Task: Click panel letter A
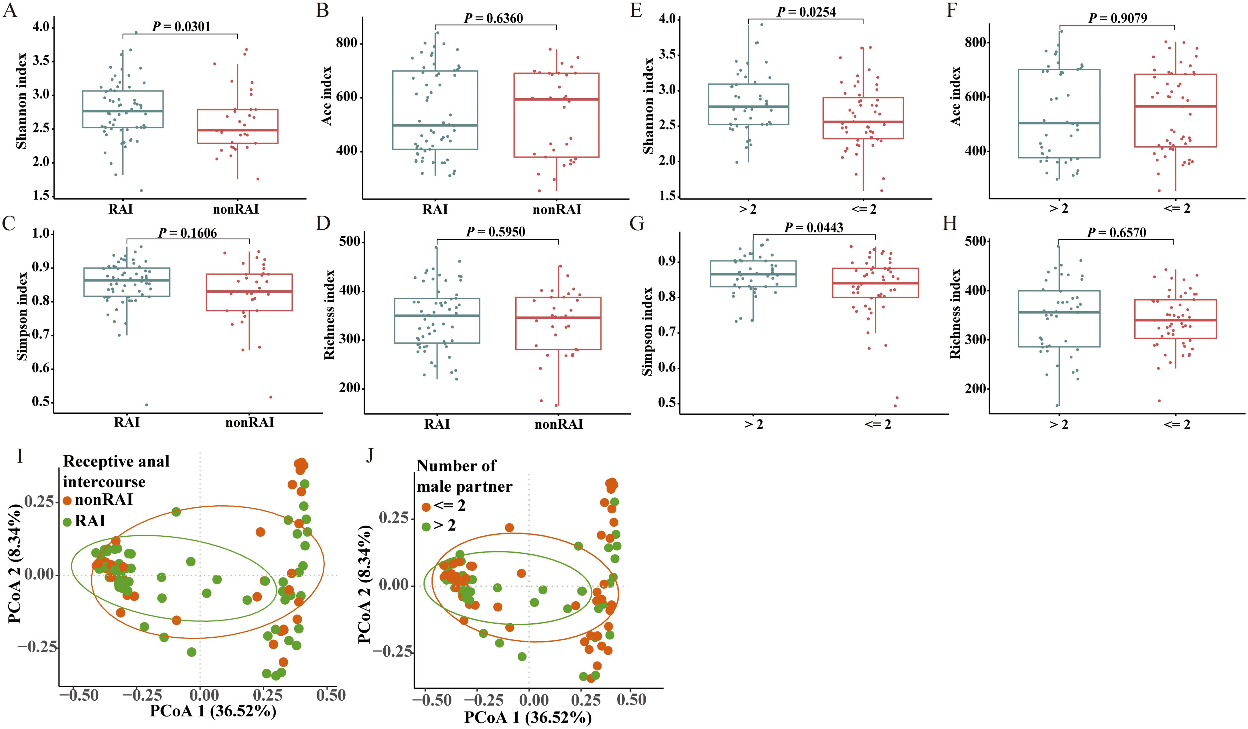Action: [10, 10]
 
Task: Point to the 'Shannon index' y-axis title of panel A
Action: [21, 107]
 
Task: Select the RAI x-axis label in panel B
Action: [435, 210]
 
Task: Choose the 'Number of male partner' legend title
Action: [464, 476]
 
